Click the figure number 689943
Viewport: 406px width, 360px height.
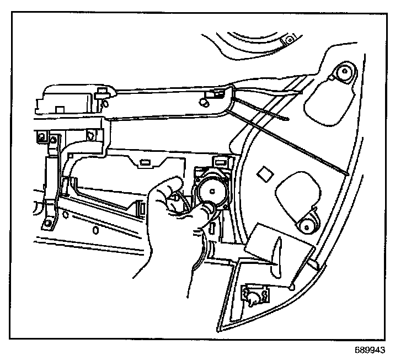[x=371, y=350]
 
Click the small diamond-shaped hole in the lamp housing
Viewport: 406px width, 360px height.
[x=264, y=173]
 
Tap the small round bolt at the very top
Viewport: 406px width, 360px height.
[x=287, y=40]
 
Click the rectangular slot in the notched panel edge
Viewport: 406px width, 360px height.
[x=147, y=162]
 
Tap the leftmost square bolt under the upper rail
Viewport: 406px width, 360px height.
[x=40, y=135]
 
